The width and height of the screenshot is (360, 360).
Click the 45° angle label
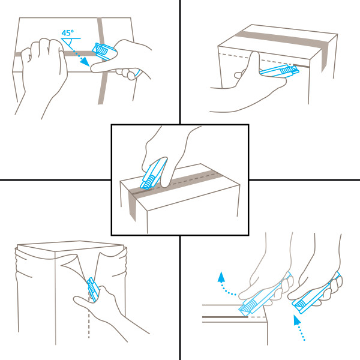pos(67,33)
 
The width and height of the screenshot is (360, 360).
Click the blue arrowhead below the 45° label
pos(85,62)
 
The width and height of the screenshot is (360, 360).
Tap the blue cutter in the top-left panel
pos(104,52)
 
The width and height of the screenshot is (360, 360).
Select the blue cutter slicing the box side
pos(280,70)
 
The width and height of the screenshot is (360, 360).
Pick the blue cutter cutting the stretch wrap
pos(93,289)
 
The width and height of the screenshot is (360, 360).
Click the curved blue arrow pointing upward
pos(224,283)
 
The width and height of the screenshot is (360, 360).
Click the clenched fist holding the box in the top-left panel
pos(43,67)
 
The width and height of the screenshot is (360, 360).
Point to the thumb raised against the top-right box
pos(253,64)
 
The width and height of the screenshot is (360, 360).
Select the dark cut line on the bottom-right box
pos(225,317)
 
